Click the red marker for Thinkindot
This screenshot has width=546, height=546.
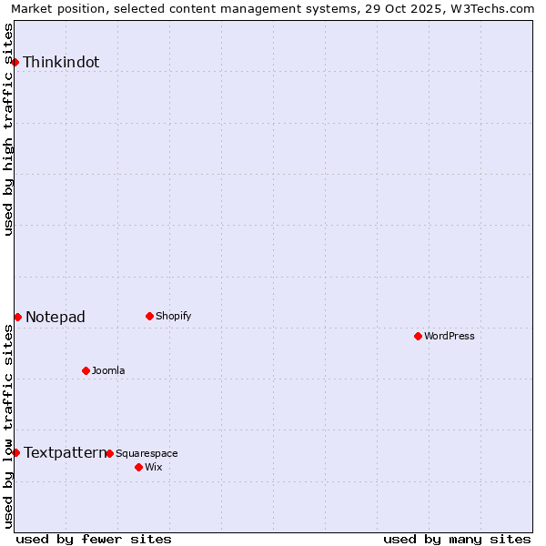point(15,62)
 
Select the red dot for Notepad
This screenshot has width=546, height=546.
point(17,317)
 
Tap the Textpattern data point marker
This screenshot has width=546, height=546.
point(15,452)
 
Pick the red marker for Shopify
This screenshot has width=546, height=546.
point(149,316)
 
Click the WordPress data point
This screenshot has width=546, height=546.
point(418,336)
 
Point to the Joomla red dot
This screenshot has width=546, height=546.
point(86,370)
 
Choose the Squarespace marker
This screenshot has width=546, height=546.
point(109,453)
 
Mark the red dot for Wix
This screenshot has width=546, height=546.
point(138,467)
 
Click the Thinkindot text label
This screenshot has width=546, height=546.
point(61,63)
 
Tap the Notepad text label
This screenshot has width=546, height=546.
point(56,318)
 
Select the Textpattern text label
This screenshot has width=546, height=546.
point(65,453)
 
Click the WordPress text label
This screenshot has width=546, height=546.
point(450,337)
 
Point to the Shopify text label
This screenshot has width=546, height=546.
point(174,317)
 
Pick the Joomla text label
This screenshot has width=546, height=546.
point(108,371)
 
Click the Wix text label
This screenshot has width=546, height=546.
point(153,468)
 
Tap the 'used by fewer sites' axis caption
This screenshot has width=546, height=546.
point(94,539)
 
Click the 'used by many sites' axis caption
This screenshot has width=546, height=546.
point(457,539)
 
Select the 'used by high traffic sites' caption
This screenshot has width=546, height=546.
point(8,129)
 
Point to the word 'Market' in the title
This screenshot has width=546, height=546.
point(33,9)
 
